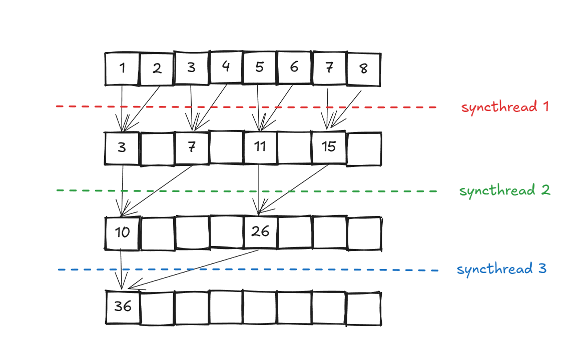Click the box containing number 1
[x=122, y=68]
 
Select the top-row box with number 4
[x=226, y=67]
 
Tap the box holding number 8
[x=364, y=68]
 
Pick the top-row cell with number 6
[x=294, y=67]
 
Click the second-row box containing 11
[x=260, y=147]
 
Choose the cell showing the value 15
[x=329, y=147]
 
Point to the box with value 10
[x=122, y=232]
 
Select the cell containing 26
[x=260, y=231]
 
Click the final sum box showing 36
[x=123, y=306]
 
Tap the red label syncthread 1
[x=505, y=107]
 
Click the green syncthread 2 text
[x=504, y=190]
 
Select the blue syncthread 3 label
[x=501, y=269]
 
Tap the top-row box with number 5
[x=259, y=67]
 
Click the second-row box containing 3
[x=122, y=148]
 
